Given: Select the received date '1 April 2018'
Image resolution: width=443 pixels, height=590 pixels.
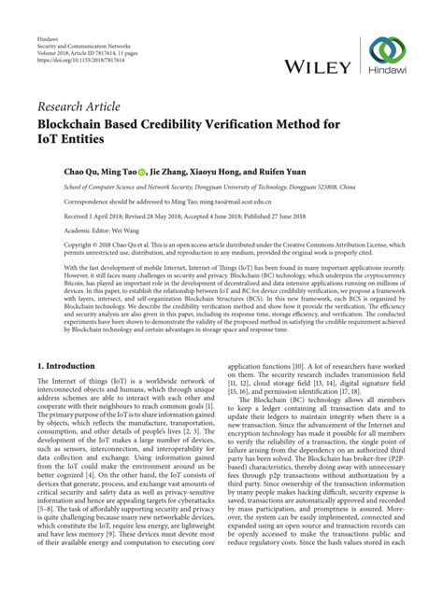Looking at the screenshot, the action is click(89, 213).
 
